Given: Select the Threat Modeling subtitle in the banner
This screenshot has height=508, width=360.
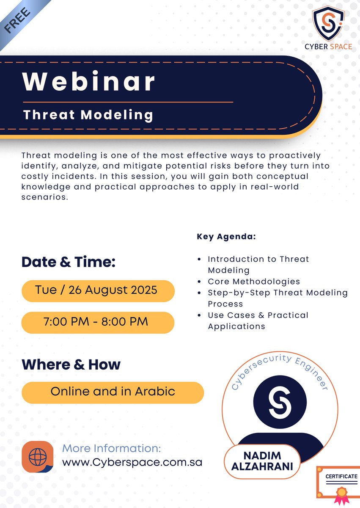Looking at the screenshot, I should (x=88, y=115).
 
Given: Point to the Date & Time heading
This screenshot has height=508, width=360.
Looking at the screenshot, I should (x=69, y=262).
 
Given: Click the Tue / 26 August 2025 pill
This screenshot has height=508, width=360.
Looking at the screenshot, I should (x=98, y=290).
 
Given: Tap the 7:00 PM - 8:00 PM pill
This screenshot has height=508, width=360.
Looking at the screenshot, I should (x=98, y=322).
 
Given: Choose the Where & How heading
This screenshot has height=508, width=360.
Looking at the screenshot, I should (x=71, y=364).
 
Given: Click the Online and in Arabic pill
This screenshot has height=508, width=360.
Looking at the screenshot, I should (x=113, y=391).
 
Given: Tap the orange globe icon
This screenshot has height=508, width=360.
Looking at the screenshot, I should (x=37, y=457).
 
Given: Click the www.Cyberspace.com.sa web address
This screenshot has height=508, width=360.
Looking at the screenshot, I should (x=132, y=462).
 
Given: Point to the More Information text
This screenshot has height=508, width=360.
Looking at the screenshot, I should (x=112, y=448).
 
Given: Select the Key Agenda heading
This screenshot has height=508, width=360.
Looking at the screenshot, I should (x=226, y=236).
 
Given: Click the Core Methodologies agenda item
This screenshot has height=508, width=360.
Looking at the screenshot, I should (x=253, y=282).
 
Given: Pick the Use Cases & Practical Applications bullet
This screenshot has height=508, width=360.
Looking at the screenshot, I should (x=258, y=320).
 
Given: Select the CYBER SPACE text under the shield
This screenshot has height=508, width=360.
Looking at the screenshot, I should (x=328, y=47).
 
